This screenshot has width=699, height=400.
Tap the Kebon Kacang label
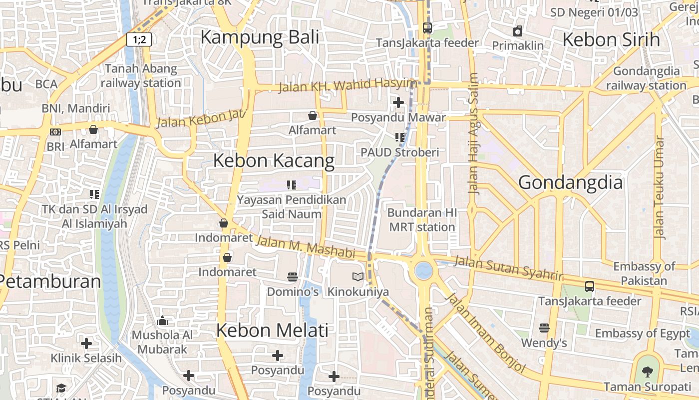(x=274, y=160)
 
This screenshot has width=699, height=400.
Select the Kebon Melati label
(x=273, y=330)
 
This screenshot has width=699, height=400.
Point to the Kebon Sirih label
(x=611, y=39)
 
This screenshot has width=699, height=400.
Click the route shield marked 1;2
(x=139, y=39)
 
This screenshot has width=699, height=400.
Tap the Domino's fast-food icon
(x=293, y=277)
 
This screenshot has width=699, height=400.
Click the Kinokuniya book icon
(x=358, y=277)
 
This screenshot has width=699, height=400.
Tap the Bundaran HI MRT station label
(x=422, y=220)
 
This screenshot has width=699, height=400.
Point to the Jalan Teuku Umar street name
(x=660, y=187)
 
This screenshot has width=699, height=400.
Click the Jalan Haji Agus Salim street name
(x=473, y=134)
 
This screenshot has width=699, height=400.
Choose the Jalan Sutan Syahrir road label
(x=508, y=268)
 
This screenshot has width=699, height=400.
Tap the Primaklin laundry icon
(x=518, y=31)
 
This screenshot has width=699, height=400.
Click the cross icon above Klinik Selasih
(x=86, y=343)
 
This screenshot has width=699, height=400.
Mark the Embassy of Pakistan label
(x=644, y=273)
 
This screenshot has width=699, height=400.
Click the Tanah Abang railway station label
(x=141, y=75)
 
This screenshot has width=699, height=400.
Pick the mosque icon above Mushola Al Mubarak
(x=162, y=320)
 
